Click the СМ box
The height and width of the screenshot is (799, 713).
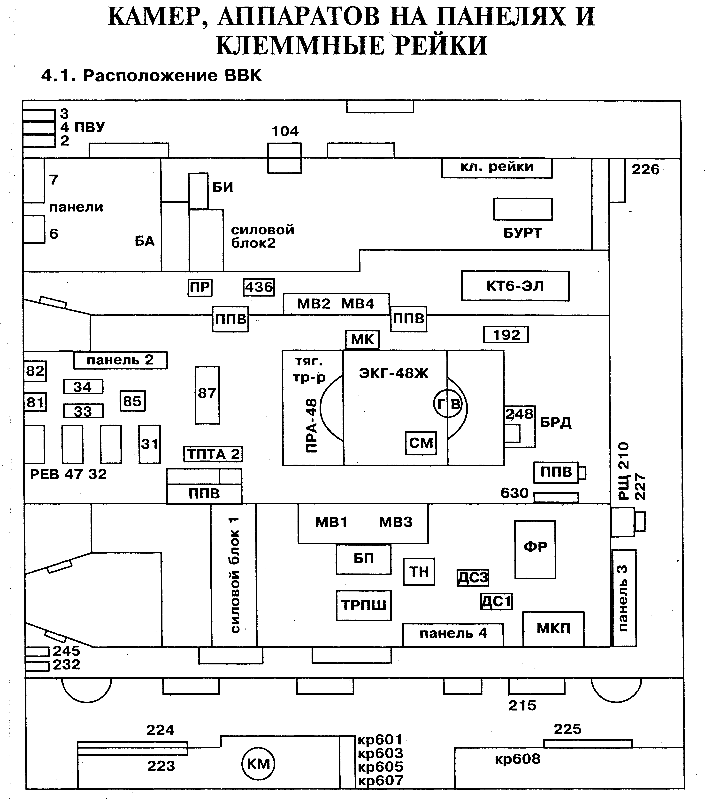pyautogui.click(x=421, y=443)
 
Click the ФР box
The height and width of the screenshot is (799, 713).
pyautogui.click(x=535, y=549)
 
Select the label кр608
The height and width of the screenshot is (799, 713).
pyautogui.click(x=518, y=759)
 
